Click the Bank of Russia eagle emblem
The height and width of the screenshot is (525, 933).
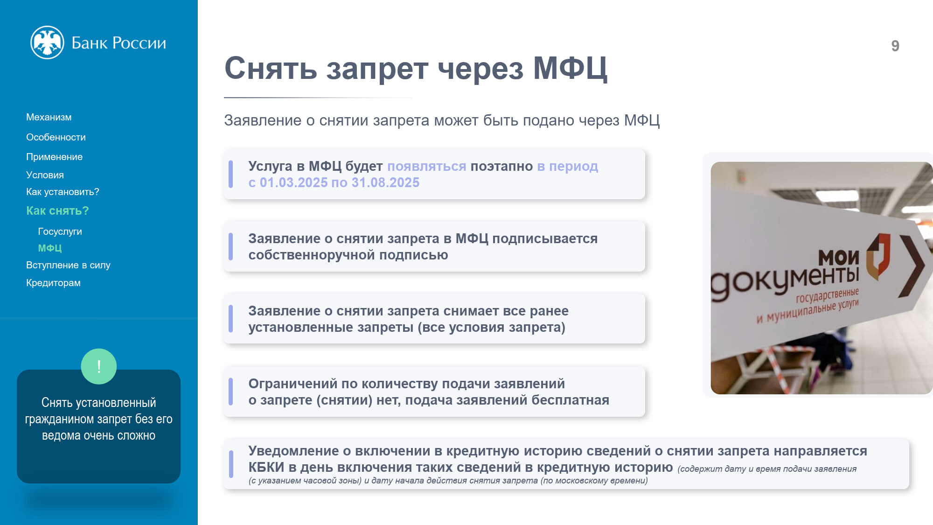click(47, 42)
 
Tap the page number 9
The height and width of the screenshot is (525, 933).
click(895, 46)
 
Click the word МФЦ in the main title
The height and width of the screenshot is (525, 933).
click(570, 69)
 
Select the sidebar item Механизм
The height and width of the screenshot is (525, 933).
click(49, 117)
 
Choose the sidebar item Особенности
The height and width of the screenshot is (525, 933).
click(56, 137)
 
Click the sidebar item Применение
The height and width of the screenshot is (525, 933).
click(54, 157)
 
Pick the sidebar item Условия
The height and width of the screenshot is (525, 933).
click(45, 175)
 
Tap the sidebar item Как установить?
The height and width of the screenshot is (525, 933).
click(63, 192)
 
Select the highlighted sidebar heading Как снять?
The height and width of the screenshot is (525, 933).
click(57, 211)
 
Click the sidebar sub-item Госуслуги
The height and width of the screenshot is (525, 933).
click(60, 231)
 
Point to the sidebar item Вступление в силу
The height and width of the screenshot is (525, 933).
click(68, 265)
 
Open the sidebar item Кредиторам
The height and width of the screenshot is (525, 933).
click(53, 283)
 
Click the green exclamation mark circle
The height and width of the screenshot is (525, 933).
click(99, 366)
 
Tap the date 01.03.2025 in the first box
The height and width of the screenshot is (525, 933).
click(293, 182)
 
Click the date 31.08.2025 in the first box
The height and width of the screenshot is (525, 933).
click(385, 182)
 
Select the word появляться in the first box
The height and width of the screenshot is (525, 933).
click(426, 166)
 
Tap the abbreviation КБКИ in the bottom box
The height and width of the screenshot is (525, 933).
click(266, 467)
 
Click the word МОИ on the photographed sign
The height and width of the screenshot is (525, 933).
click(838, 257)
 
